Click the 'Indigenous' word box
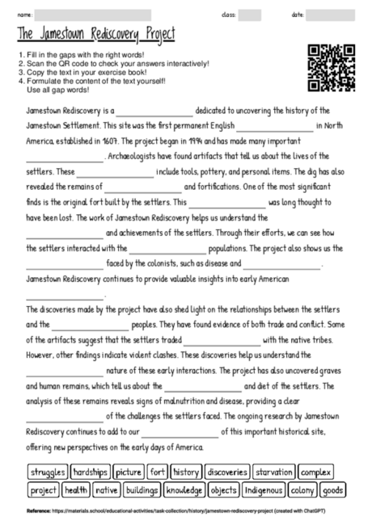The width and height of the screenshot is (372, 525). click(264, 489)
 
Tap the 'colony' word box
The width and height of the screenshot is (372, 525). click(302, 489)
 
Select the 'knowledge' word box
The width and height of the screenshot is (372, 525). click(184, 489)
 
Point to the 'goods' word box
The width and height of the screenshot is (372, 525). click(332, 489)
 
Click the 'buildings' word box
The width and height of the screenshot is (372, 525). click(142, 489)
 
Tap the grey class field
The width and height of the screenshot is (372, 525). click(249, 15)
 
